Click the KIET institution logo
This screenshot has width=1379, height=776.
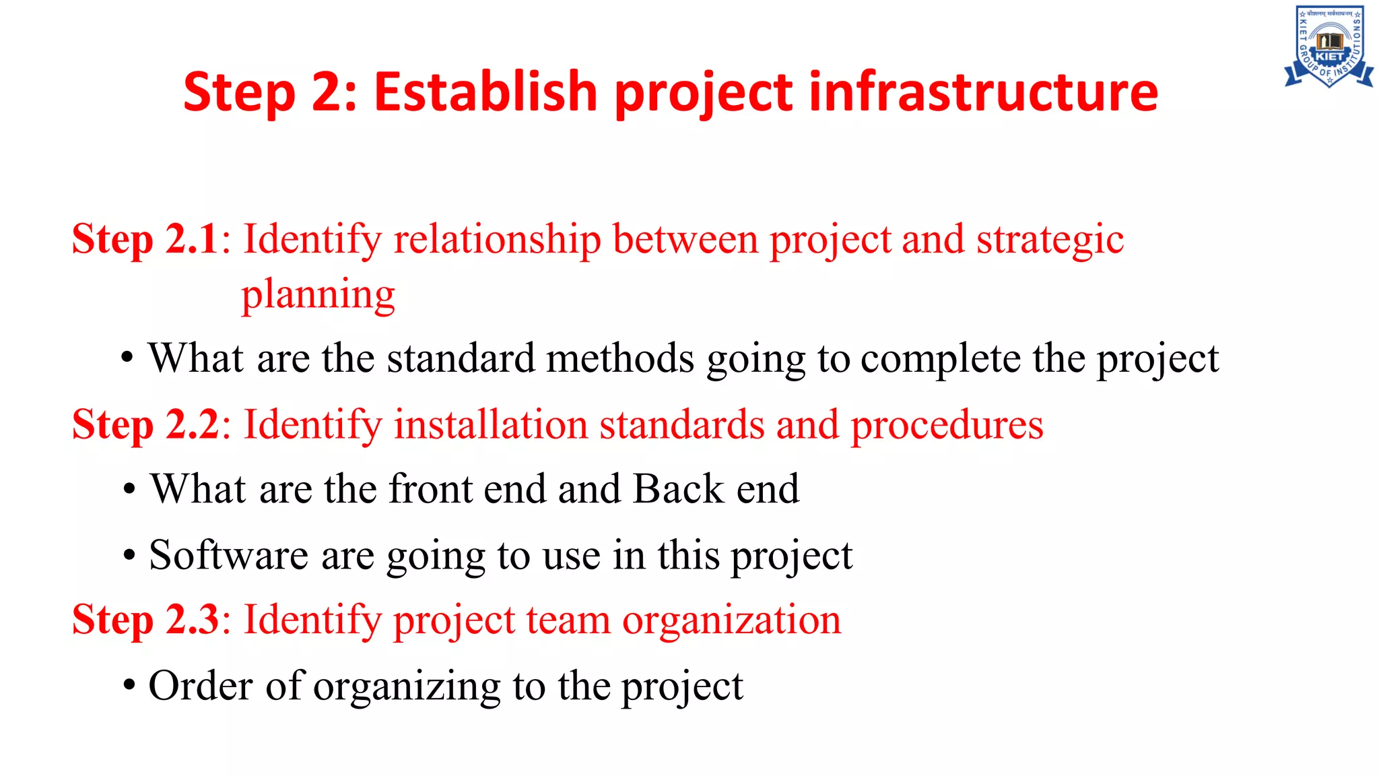pyautogui.click(x=1329, y=46)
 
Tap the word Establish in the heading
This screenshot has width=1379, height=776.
pyautogui.click(x=485, y=92)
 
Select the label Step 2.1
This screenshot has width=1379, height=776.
pyautogui.click(x=145, y=239)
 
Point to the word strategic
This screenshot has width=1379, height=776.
pyautogui.click(x=1050, y=240)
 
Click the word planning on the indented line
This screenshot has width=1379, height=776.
pyautogui.click(x=318, y=295)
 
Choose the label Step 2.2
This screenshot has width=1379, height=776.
pyautogui.click(x=145, y=425)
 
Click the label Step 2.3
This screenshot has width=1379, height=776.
pyautogui.click(x=145, y=620)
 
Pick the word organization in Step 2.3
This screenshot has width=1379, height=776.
pyautogui.click(x=731, y=621)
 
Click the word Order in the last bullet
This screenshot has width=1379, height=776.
pyautogui.click(x=201, y=686)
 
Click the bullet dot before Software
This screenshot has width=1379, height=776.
pyautogui.click(x=129, y=556)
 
